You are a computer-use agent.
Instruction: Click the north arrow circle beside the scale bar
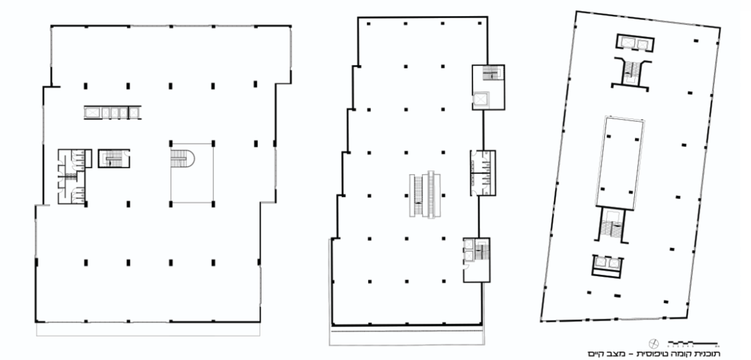tap(654, 344)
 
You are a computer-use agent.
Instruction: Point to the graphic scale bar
tap(694, 344)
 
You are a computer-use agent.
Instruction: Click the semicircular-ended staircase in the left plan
tap(182, 158)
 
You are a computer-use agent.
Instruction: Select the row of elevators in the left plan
tap(112, 113)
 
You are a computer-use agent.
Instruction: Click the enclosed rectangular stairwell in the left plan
tap(114, 158)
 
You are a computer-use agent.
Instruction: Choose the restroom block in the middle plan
tap(483, 173)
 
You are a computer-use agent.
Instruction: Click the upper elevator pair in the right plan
tap(635, 43)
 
